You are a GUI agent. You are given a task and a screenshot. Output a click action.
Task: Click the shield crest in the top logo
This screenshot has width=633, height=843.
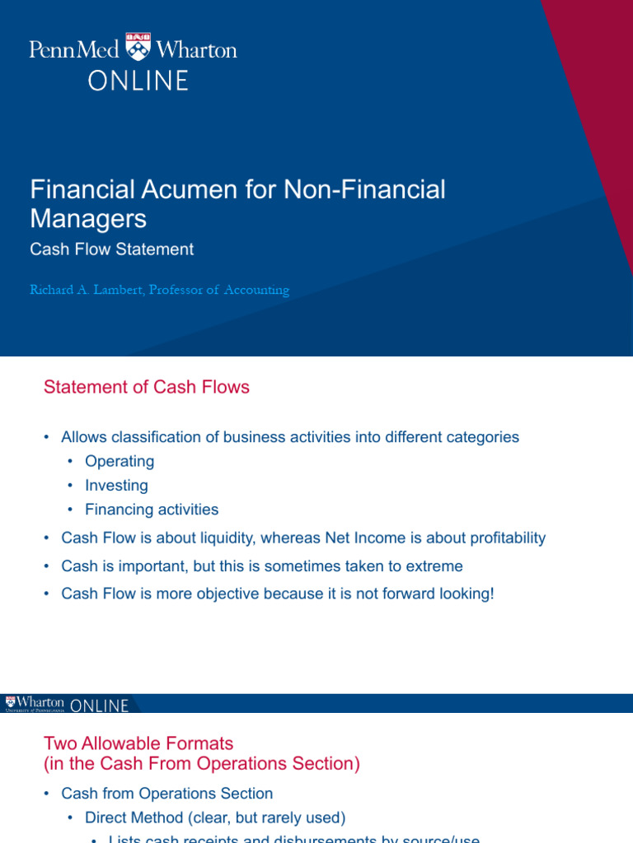[138, 48]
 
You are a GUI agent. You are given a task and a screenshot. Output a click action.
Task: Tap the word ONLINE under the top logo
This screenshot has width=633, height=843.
[139, 81]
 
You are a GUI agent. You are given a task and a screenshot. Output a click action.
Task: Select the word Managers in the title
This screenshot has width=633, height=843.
[88, 218]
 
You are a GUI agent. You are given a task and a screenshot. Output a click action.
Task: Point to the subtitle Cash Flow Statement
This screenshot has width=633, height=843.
[112, 249]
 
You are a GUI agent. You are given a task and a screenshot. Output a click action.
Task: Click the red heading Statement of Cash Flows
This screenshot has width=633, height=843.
[147, 387]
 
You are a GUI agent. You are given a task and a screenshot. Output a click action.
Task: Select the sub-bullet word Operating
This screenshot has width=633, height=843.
[120, 461]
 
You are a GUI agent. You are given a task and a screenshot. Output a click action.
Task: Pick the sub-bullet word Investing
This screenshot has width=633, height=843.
[116, 486]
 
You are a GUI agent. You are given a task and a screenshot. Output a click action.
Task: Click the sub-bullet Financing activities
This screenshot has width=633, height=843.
[152, 510]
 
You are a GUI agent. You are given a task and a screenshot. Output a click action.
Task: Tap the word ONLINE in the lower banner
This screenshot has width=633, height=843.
[100, 706]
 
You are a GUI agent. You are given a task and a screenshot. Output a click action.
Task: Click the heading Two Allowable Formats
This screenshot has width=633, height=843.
[138, 744]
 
